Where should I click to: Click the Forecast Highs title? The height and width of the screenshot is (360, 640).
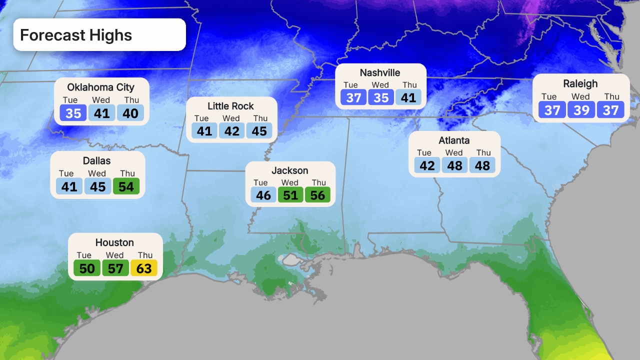pyautogui.click(x=76, y=35)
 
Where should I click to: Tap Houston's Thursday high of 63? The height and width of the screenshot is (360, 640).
pyautogui.click(x=144, y=268)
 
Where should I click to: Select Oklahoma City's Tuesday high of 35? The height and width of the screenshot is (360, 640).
pyautogui.click(x=73, y=113)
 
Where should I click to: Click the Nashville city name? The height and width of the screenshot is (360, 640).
pyautogui.click(x=380, y=73)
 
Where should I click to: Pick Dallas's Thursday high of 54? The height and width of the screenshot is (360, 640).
pyautogui.click(x=126, y=187)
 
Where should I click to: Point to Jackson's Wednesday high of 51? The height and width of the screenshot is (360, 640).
pyautogui.click(x=290, y=195)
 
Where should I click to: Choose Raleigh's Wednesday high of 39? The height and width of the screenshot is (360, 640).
pyautogui.click(x=581, y=109)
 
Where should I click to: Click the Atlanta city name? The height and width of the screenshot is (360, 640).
pyautogui.click(x=454, y=140)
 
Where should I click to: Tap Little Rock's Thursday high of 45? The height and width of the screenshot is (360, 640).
pyautogui.click(x=260, y=131)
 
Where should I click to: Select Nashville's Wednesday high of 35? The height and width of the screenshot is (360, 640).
pyautogui.click(x=381, y=97)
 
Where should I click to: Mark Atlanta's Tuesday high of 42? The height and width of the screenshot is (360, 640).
pyautogui.click(x=427, y=165)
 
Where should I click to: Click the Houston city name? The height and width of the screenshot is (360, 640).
pyautogui.click(x=114, y=242)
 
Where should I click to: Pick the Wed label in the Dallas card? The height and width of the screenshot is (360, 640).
pyautogui.click(x=97, y=173)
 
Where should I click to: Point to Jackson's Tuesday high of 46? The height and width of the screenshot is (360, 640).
pyautogui.click(x=263, y=195)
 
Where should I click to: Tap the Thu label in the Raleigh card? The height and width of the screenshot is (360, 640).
pyautogui.click(x=611, y=96)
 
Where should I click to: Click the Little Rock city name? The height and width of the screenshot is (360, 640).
pyautogui.click(x=230, y=106)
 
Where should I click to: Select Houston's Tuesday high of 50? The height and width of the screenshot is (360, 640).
pyautogui.click(x=86, y=268)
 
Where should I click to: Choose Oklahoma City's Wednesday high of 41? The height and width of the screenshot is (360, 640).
pyautogui.click(x=101, y=113)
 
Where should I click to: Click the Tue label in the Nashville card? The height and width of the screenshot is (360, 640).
pyautogui.click(x=350, y=85)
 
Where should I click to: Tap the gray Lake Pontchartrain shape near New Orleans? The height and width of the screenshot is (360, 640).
pyautogui.click(x=290, y=260)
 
